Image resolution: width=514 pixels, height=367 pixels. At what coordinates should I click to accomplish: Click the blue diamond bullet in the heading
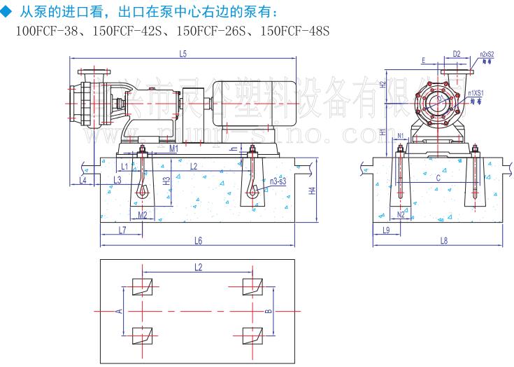(8, 11)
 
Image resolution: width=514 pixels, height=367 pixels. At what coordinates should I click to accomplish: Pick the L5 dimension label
(183, 53)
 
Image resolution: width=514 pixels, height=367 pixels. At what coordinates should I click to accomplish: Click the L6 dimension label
(199, 240)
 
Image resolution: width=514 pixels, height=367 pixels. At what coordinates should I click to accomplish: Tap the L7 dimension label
(122, 230)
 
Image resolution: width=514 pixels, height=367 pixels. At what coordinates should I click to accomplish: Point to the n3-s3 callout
(278, 181)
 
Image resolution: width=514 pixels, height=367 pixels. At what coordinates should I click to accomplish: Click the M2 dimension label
(142, 214)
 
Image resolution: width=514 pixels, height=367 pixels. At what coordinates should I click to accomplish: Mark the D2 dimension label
(456, 53)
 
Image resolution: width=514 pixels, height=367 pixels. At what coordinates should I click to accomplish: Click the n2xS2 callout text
(487, 53)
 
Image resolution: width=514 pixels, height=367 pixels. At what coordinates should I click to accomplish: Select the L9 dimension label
(386, 230)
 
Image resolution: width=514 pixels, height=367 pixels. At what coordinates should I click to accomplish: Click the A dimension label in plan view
(119, 310)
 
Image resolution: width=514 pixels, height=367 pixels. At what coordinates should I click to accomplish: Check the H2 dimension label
(383, 84)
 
